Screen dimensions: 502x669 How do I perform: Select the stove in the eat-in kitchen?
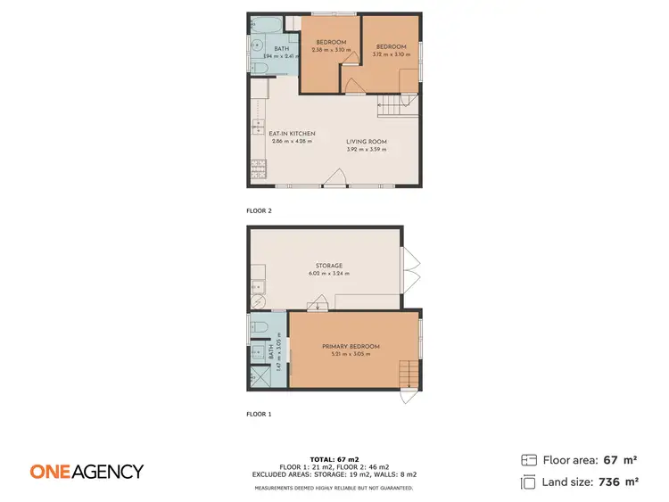tap(260, 165)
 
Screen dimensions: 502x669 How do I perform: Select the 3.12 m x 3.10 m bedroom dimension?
tap(391, 55)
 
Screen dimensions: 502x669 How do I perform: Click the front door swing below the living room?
tap(335, 179)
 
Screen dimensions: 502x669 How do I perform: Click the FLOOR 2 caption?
tap(259, 211)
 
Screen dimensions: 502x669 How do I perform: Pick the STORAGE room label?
tap(329, 266)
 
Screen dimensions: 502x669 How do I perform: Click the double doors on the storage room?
tap(410, 270)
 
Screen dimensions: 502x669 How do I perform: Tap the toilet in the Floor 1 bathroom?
tap(260, 328)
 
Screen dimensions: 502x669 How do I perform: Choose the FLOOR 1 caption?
tap(259, 415)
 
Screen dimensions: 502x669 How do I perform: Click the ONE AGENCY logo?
tap(86, 472)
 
